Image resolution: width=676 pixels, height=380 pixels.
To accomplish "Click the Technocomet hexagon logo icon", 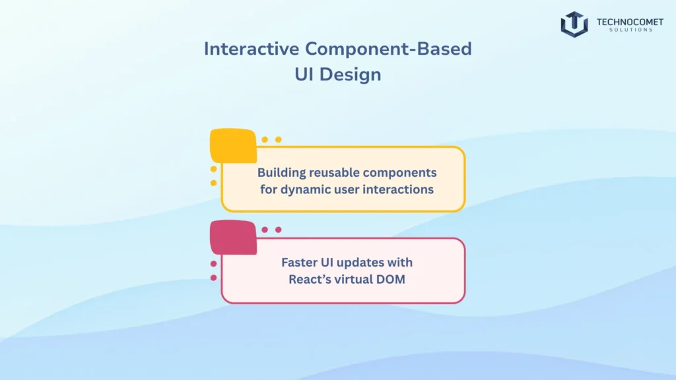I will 574,24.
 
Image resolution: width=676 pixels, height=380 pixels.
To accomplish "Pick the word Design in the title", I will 351,75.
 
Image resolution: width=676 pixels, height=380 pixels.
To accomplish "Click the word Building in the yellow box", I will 281,173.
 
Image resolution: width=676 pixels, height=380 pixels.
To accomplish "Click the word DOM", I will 393,279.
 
